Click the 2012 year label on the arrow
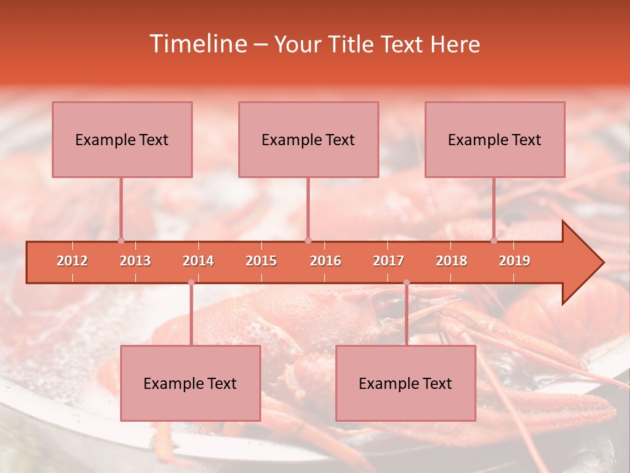[x=72, y=261]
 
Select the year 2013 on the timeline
[x=135, y=261]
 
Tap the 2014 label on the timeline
[x=198, y=261]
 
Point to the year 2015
[x=261, y=261]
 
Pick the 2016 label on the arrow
[x=325, y=261]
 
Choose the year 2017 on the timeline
[x=388, y=261]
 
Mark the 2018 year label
[x=451, y=261]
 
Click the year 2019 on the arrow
[x=514, y=261]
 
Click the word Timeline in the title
[x=197, y=44]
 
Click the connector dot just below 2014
[x=191, y=282]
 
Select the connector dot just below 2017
[x=406, y=282]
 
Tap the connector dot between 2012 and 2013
[x=121, y=240]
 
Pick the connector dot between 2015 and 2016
[x=308, y=240]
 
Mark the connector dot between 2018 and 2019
[x=494, y=240]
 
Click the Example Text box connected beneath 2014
[x=190, y=383]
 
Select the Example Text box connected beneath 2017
[x=406, y=383]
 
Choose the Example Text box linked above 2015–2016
[x=308, y=139]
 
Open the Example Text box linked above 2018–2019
[x=495, y=139]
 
